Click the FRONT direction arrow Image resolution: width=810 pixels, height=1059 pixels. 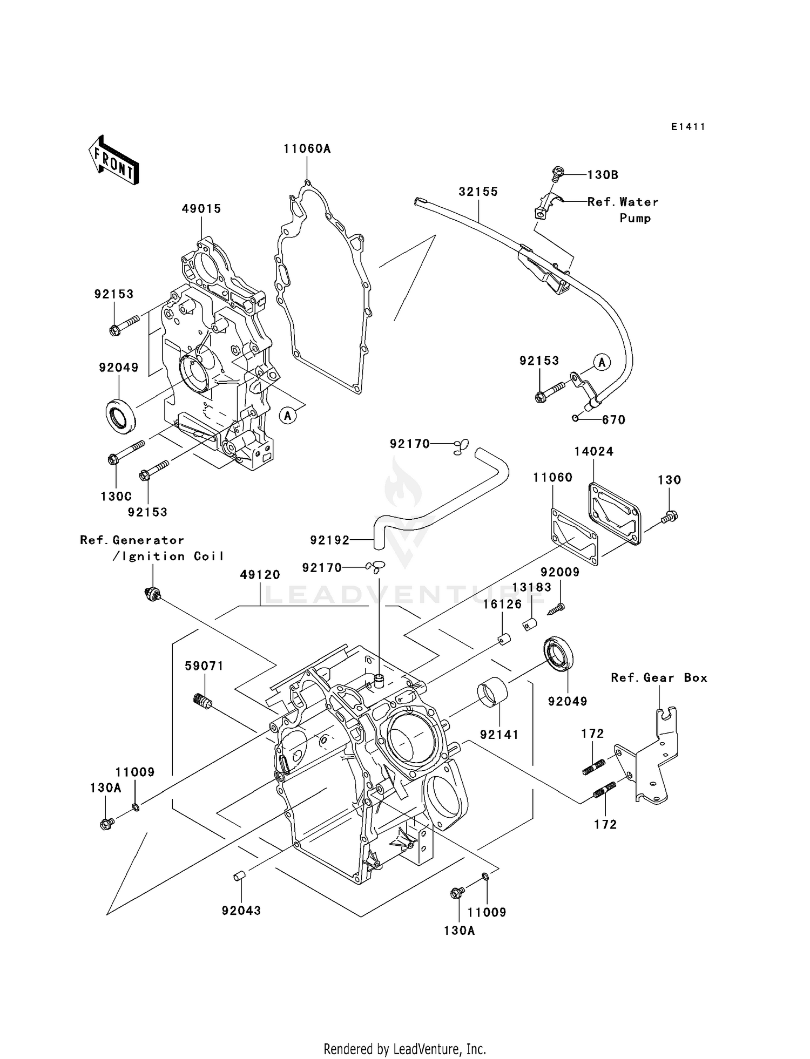114,162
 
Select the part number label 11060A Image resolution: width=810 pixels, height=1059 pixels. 307,149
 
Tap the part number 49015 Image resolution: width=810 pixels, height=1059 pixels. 201,209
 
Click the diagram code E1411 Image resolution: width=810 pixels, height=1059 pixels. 688,127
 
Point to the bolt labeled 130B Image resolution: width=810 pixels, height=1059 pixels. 556,174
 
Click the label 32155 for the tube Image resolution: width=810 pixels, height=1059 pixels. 478,192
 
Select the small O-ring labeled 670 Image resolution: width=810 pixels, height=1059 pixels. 576,418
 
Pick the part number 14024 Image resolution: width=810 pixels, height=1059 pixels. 593,452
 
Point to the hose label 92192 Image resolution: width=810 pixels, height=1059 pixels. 329,540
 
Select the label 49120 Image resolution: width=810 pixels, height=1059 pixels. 260,575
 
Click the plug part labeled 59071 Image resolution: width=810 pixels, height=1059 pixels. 202,701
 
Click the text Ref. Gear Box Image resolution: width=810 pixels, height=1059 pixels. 659,678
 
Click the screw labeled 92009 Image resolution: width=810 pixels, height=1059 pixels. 556,609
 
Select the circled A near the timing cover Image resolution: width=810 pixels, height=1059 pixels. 288,416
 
